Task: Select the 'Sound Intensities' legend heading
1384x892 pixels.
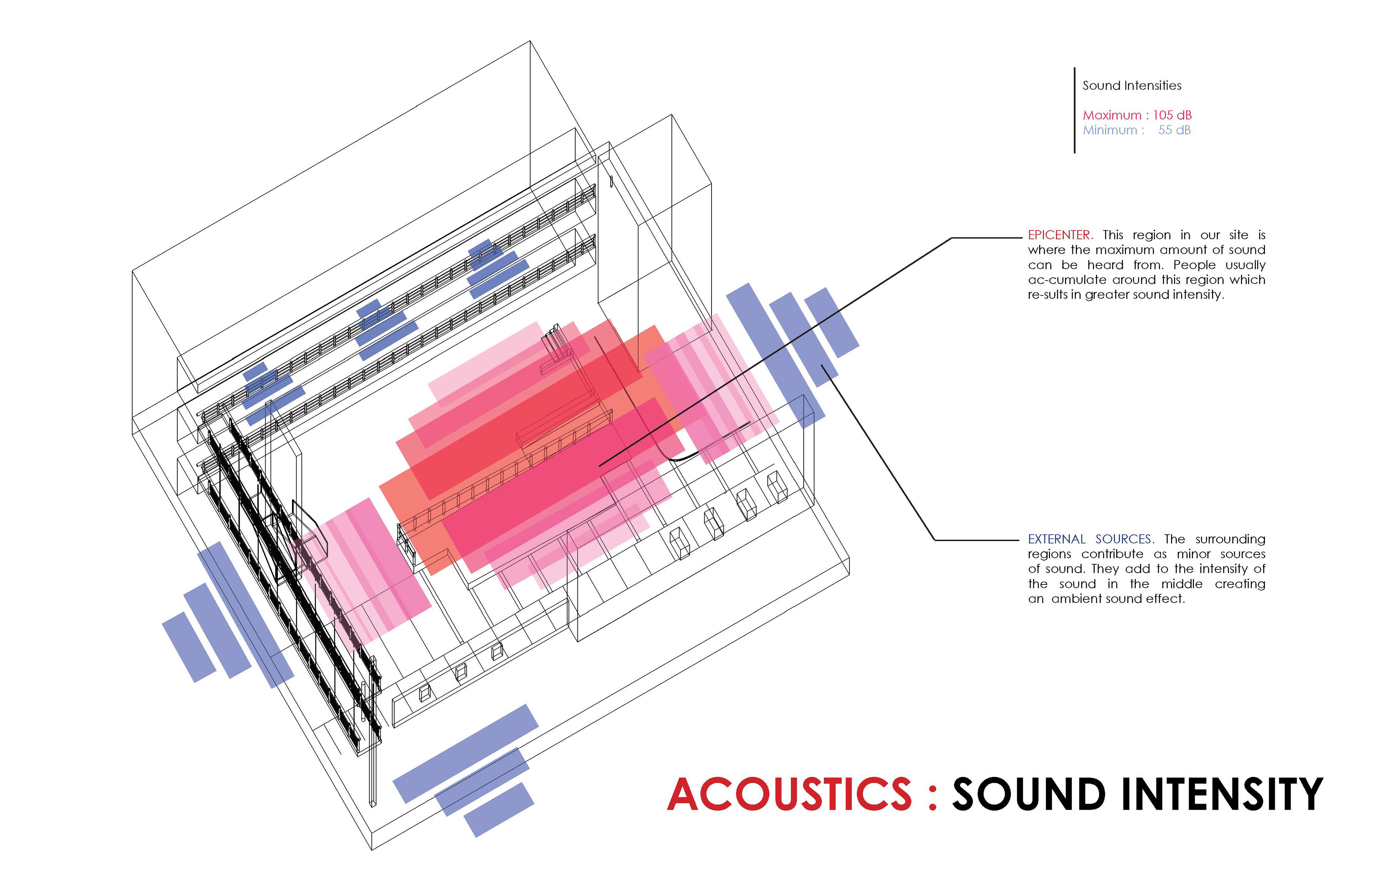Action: click(1132, 86)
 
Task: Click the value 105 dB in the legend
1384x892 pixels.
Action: click(1172, 115)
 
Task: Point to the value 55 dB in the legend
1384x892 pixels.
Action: click(1174, 130)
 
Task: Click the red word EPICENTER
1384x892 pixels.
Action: click(1059, 235)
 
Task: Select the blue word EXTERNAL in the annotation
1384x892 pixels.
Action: click(1056, 539)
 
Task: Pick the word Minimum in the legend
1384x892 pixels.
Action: click(1110, 130)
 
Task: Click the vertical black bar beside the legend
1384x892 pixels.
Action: click(1074, 110)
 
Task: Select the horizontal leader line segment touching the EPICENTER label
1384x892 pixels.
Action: click(987, 238)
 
